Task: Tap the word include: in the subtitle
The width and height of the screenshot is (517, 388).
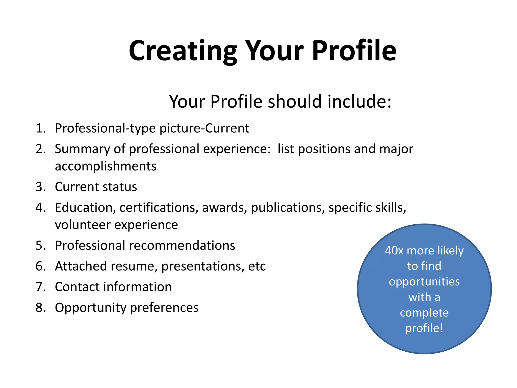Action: point(359,102)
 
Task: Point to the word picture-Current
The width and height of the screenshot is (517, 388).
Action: point(204,128)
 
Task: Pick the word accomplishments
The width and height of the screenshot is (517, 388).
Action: point(106,166)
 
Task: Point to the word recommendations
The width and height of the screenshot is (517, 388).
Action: point(182,246)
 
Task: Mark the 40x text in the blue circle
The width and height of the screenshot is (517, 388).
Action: point(394,251)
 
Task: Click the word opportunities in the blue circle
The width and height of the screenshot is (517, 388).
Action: point(424,282)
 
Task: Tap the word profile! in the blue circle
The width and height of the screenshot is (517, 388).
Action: point(424,328)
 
